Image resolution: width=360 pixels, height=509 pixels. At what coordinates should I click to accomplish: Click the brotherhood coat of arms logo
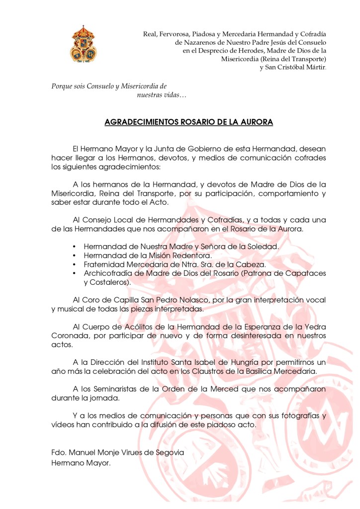tap(84, 44)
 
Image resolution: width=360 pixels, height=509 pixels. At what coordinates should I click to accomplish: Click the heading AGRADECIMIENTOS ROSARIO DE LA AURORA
tap(189, 122)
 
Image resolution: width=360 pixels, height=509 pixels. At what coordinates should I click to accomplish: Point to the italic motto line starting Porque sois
tap(109, 85)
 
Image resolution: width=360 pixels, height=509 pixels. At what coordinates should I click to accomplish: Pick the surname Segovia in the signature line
tap(168, 452)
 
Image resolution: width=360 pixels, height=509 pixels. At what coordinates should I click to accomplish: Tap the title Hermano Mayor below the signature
tap(81, 462)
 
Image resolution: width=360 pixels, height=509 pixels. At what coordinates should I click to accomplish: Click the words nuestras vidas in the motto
tap(158, 94)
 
